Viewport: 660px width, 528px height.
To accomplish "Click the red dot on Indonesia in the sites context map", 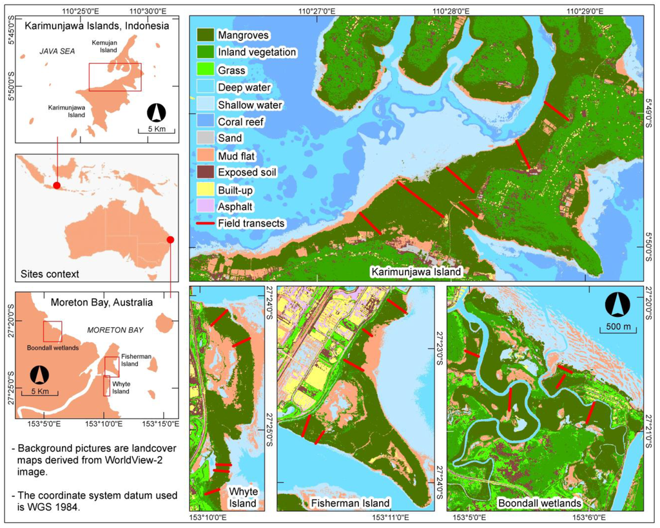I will point(57,185).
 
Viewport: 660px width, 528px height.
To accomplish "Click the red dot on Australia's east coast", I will point(170,240).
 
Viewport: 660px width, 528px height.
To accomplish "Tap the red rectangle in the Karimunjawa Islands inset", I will point(115,77).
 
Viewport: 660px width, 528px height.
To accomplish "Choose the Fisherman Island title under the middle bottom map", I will point(350,502).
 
